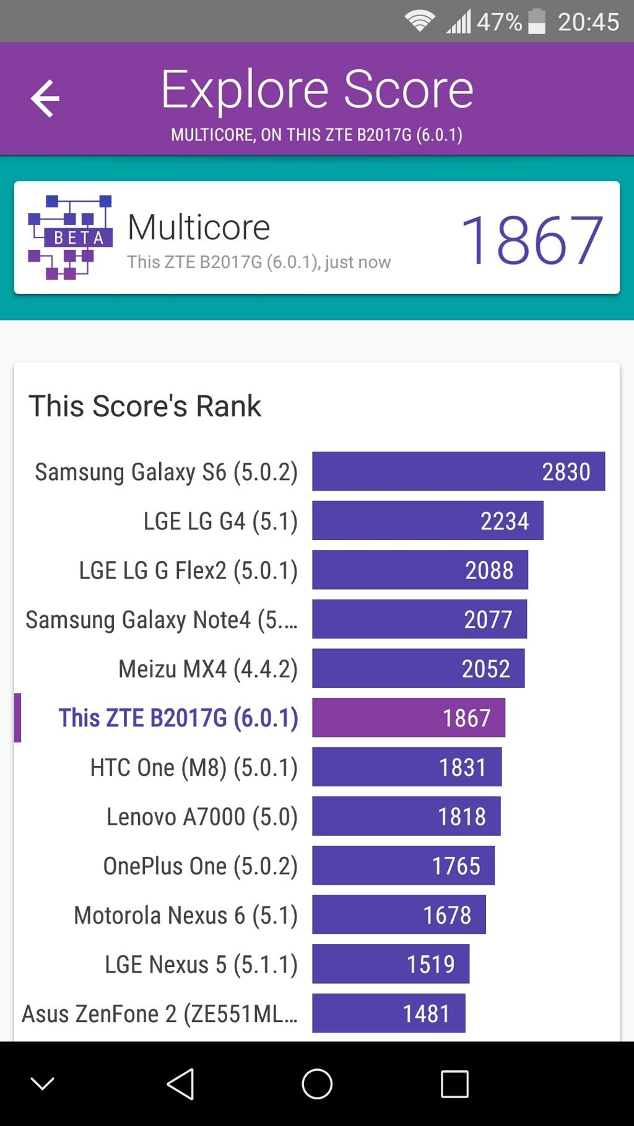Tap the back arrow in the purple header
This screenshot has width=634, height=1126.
45,98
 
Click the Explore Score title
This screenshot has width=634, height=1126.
317,90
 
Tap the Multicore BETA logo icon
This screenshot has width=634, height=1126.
70,238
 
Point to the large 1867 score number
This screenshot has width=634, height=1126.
531,240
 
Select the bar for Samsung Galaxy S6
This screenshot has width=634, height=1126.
458,471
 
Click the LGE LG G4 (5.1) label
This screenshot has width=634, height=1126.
220,521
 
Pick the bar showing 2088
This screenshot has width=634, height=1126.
420,570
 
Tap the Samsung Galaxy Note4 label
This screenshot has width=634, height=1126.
162,619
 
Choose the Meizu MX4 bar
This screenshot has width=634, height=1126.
418,668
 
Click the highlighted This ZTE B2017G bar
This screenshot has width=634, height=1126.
409,718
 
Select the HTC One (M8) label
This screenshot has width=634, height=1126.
194,767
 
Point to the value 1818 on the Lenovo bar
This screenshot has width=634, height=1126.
462,817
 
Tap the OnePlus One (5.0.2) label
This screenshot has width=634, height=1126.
200,866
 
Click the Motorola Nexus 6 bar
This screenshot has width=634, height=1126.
399,915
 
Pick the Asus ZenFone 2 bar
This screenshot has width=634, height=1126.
388,1013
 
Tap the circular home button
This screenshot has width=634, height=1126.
317,1084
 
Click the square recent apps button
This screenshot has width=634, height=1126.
454,1084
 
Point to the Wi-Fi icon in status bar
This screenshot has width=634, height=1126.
419,22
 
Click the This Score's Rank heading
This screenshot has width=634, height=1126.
145,406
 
